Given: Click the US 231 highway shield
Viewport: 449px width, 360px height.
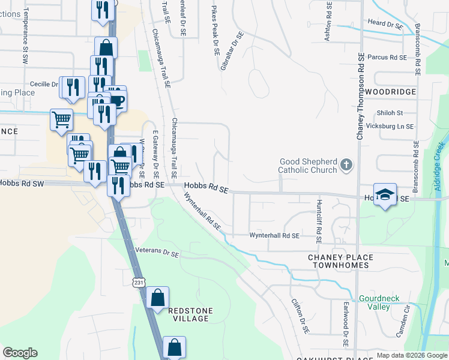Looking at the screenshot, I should tap(139, 281).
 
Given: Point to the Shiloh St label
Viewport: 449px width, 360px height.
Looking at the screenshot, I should tap(390, 113).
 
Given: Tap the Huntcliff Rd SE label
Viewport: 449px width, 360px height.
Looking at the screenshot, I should tap(319, 221).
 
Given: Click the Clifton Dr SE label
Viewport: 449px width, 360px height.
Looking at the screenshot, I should tap(300, 316).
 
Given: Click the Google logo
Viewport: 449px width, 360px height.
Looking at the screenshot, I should tap(20, 352).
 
